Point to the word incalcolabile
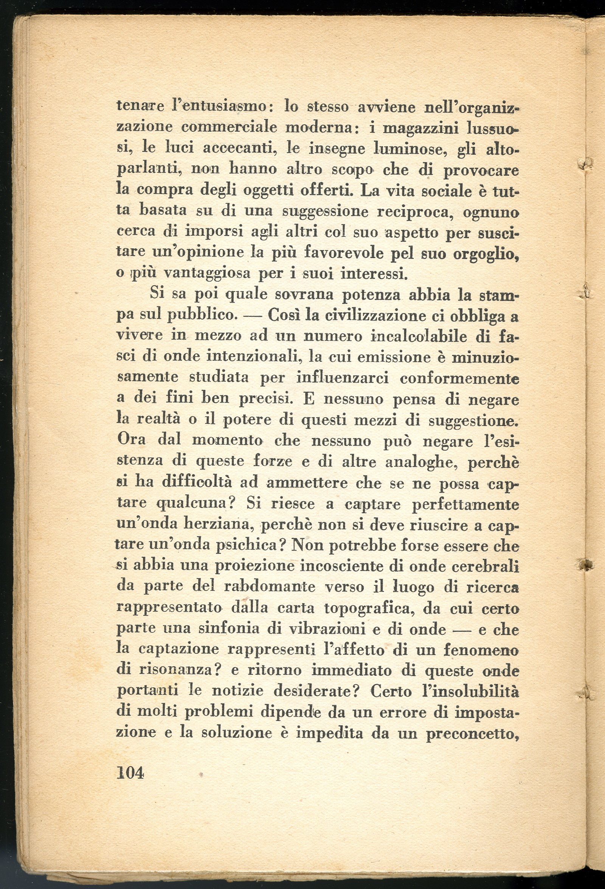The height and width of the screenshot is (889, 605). (419, 336)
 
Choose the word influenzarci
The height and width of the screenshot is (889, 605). (343, 378)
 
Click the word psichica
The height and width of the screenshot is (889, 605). (251, 544)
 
